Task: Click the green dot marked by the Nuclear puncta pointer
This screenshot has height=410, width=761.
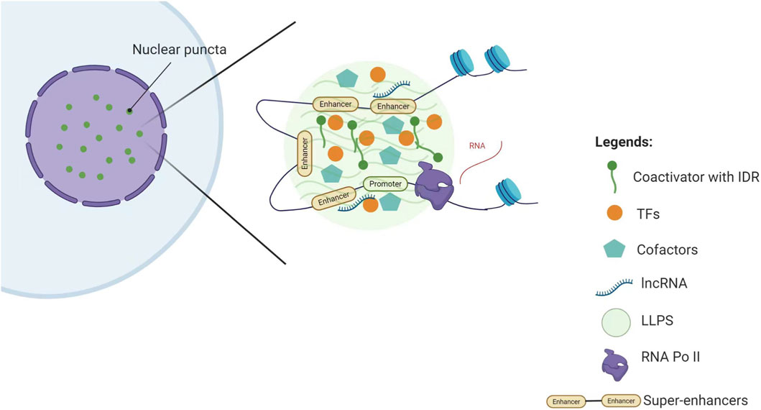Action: (129, 111)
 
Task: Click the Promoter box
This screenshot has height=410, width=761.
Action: (385, 185)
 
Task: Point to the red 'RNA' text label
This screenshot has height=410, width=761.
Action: (477, 145)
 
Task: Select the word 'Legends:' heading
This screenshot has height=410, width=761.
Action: (624, 142)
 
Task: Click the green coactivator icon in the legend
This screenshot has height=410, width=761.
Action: (612, 176)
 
